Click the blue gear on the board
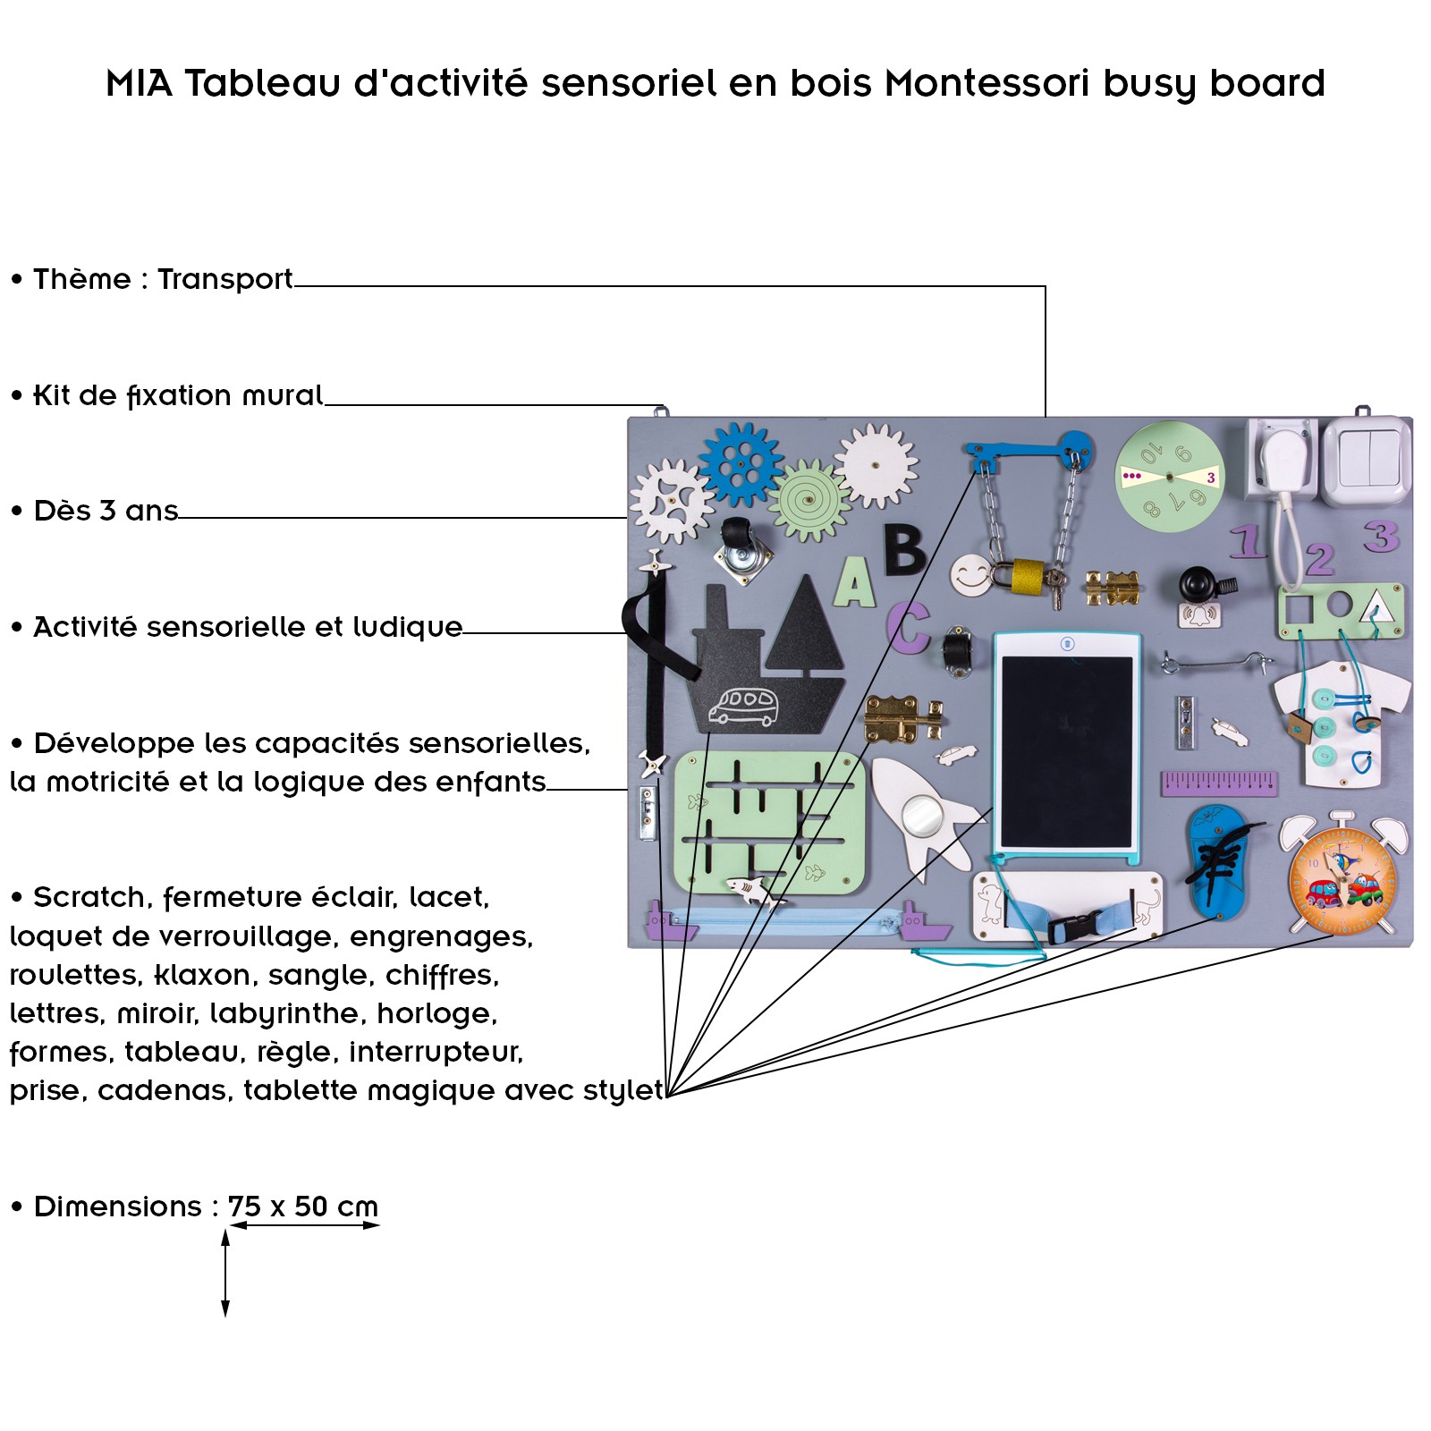(x=740, y=463)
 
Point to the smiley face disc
(x=971, y=575)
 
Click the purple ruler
(x=1218, y=783)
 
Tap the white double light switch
(x=1367, y=460)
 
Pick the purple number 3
(x=1381, y=536)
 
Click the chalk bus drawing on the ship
(x=743, y=706)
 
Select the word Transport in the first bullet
(x=225, y=279)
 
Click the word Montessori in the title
(x=987, y=83)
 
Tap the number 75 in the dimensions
(x=244, y=1207)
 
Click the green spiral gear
(x=809, y=500)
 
